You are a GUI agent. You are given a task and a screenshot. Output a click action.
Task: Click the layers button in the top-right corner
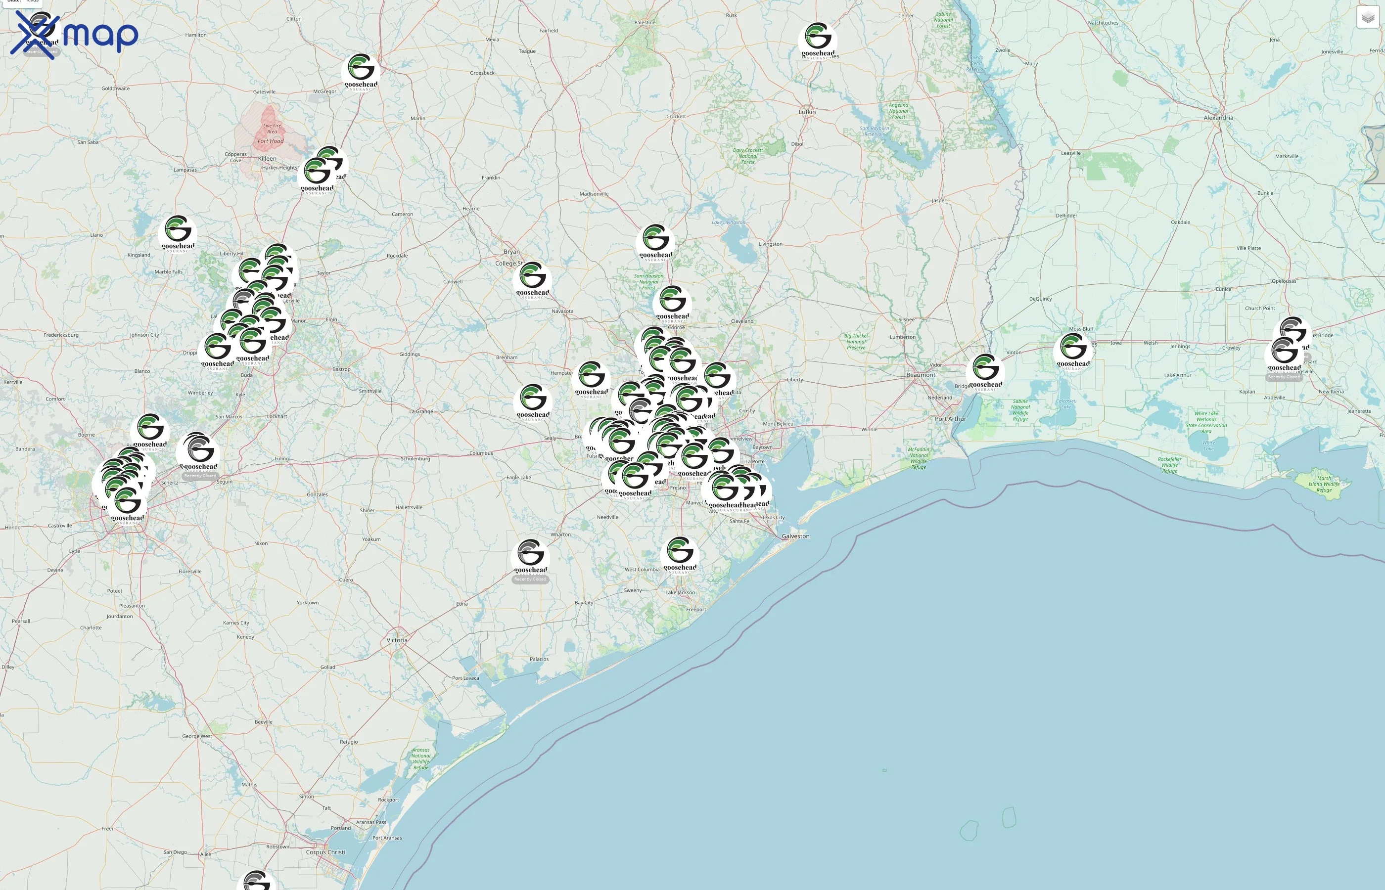pyautogui.click(x=1368, y=17)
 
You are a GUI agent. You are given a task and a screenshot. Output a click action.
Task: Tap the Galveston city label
pyautogui.click(x=795, y=536)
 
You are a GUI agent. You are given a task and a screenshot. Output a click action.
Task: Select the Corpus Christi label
pyautogui.click(x=325, y=852)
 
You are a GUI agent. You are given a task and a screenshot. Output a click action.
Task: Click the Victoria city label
pyautogui.click(x=397, y=640)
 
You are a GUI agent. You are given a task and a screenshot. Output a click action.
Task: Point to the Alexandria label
pyautogui.click(x=1218, y=118)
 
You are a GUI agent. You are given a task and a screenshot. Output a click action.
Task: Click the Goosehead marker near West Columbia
pyautogui.click(x=680, y=552)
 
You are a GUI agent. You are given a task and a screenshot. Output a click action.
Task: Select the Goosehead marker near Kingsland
pyautogui.click(x=178, y=231)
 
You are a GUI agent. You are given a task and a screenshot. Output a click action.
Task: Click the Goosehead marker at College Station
pyautogui.click(x=532, y=278)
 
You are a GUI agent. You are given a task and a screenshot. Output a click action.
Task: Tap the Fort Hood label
pyautogui.click(x=271, y=141)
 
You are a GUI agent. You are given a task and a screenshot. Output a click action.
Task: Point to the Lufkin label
pyautogui.click(x=807, y=112)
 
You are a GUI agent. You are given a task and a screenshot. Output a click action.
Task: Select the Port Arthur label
pyautogui.click(x=950, y=419)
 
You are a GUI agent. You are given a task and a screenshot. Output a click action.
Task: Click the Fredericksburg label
pyautogui.click(x=61, y=335)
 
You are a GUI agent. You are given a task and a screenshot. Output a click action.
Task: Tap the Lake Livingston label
pyautogui.click(x=728, y=222)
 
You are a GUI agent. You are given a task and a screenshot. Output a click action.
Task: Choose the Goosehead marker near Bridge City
pyautogui.click(x=985, y=370)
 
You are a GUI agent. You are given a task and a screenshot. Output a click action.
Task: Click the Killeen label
pyautogui.click(x=267, y=158)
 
